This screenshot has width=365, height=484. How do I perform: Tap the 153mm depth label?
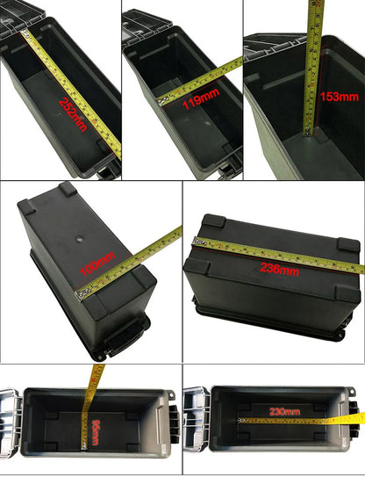(x=336, y=97)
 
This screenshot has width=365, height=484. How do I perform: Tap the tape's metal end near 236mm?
(x=199, y=242)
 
